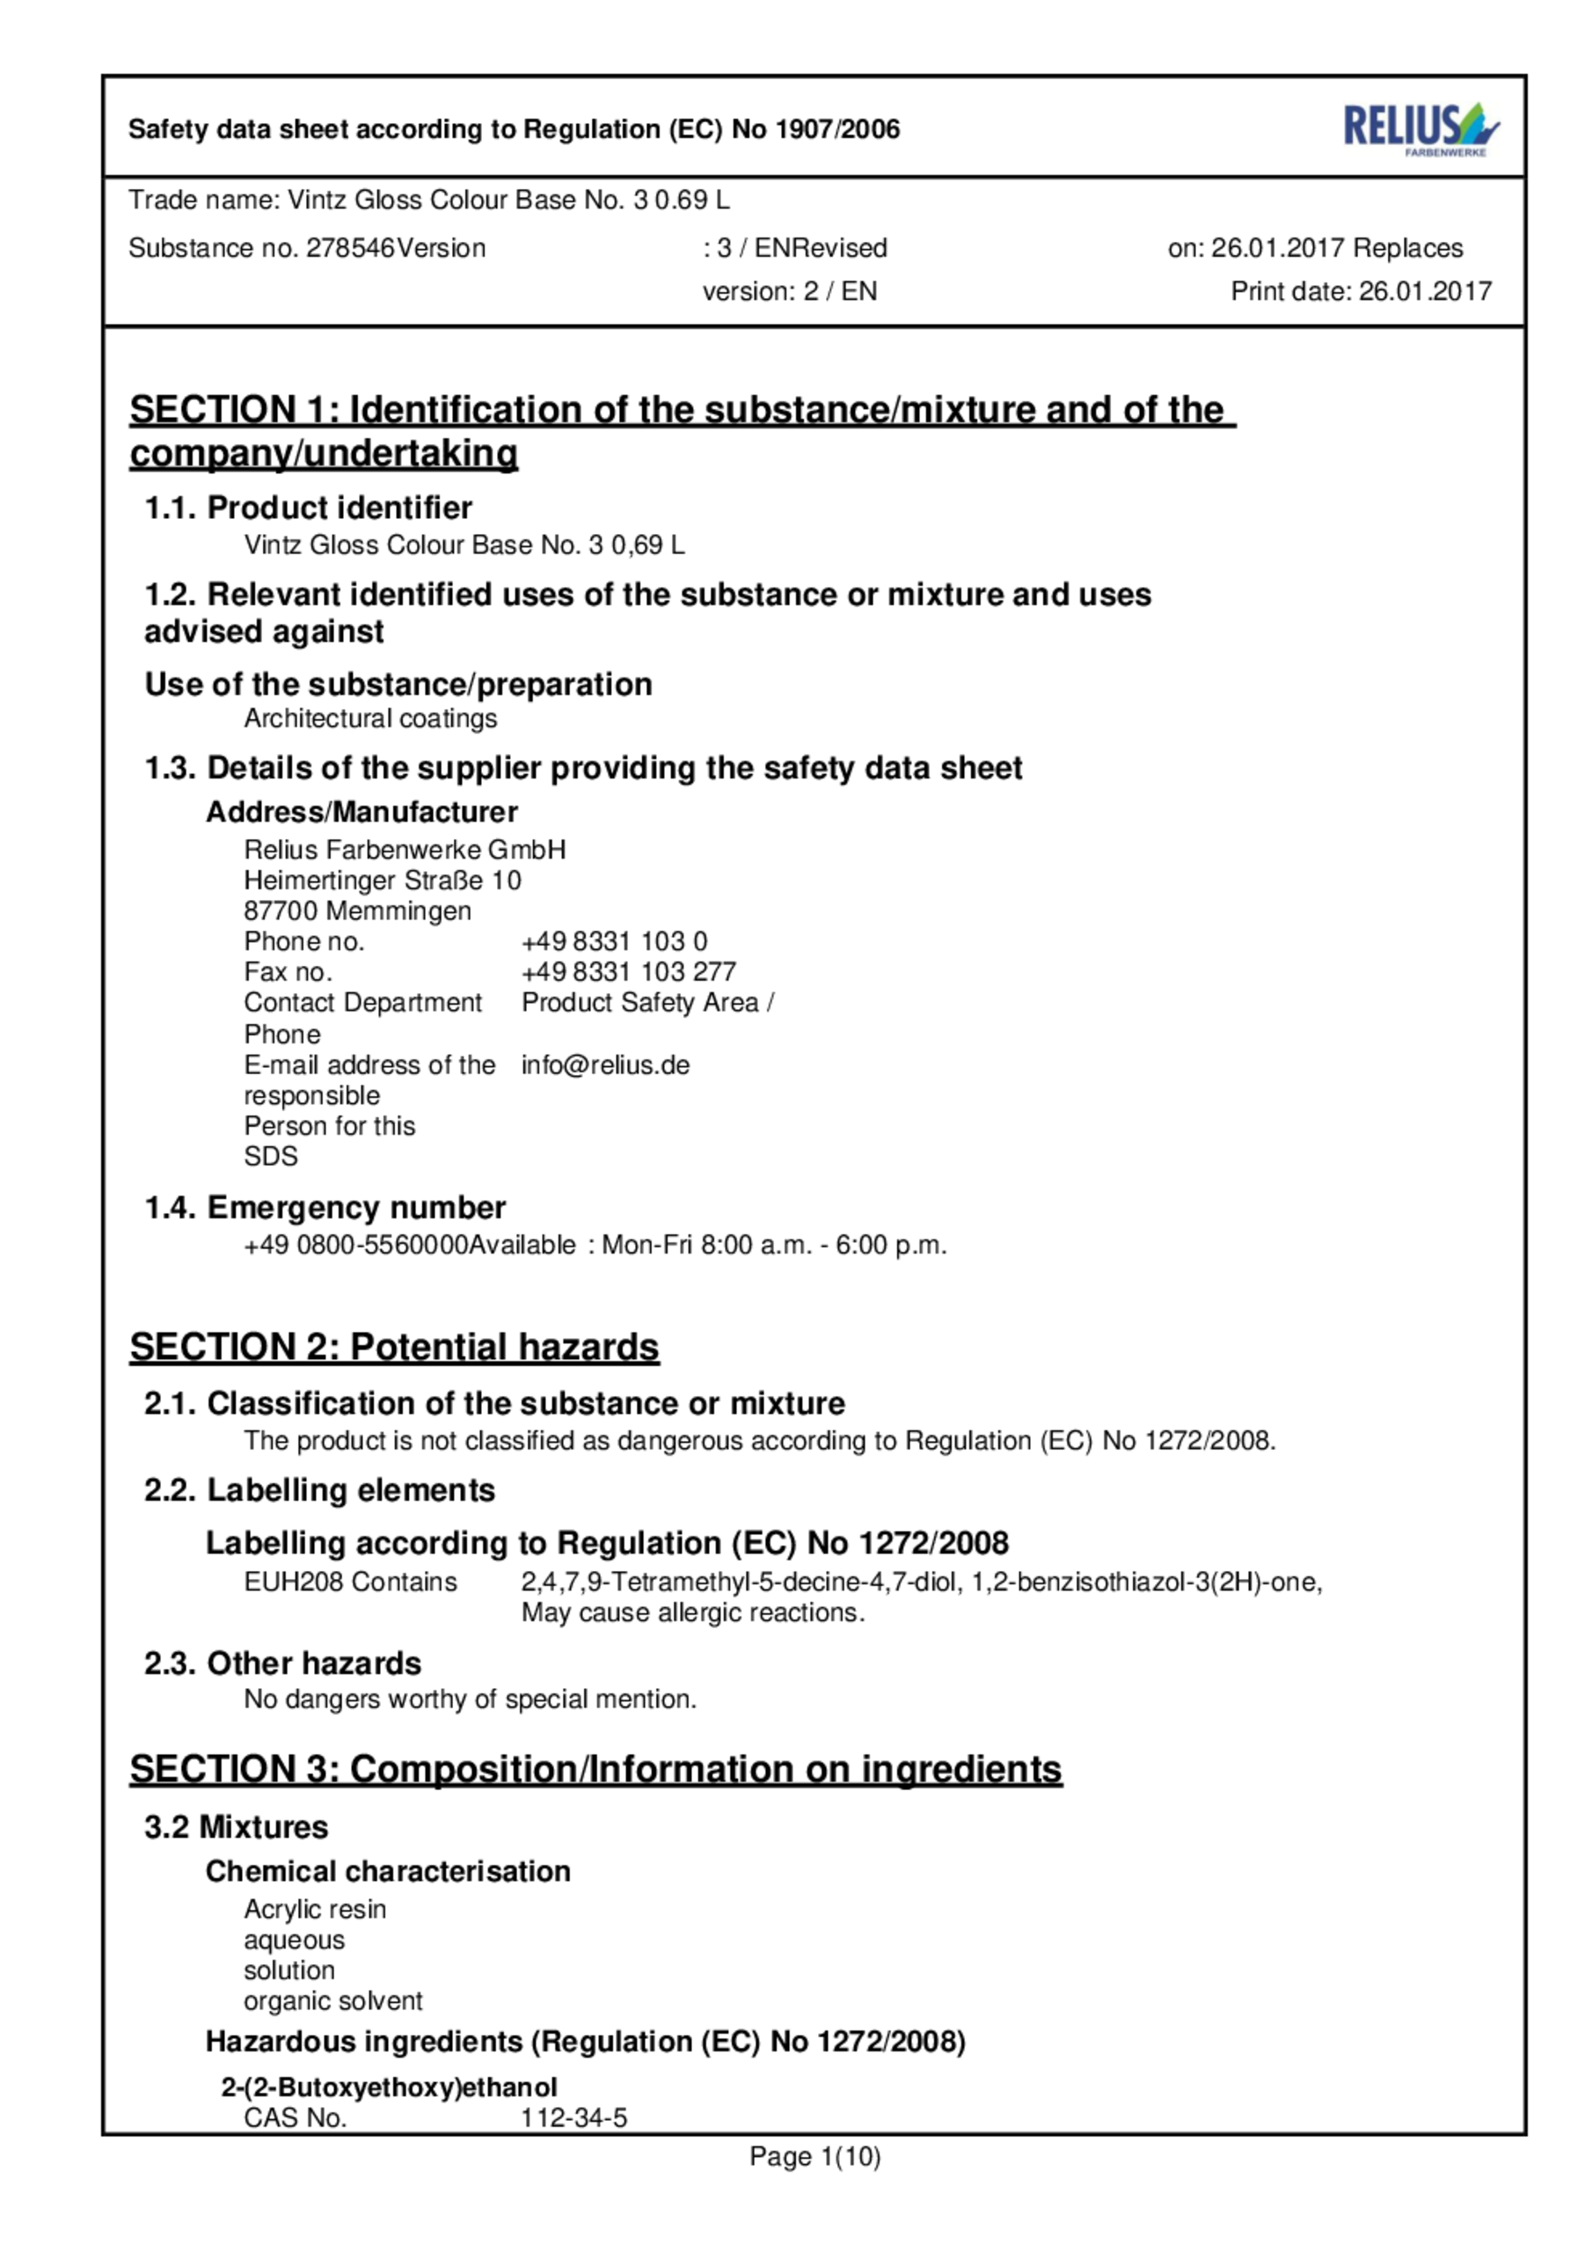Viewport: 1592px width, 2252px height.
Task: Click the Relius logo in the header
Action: coord(1420,128)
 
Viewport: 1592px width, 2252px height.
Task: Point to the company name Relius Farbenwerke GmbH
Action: coord(404,850)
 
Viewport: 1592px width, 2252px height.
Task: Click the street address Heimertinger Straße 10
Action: coord(383,880)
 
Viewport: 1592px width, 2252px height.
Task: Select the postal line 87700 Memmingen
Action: coord(357,911)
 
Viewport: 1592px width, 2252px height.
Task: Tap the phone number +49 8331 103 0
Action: coord(614,941)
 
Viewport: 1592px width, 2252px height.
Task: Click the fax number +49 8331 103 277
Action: coord(628,972)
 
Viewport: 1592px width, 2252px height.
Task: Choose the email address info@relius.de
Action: coord(605,1065)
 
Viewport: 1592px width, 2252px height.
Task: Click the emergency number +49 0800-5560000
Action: coord(356,1246)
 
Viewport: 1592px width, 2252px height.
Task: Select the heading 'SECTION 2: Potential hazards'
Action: coord(394,1347)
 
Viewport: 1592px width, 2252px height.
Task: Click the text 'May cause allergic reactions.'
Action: coord(692,1613)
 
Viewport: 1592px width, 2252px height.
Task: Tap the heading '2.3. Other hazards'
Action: coord(282,1663)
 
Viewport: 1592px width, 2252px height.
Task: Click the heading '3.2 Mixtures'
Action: coord(236,1827)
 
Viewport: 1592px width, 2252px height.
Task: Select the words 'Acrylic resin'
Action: coord(315,1910)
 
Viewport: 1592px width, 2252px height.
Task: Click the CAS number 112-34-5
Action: coord(573,2117)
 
